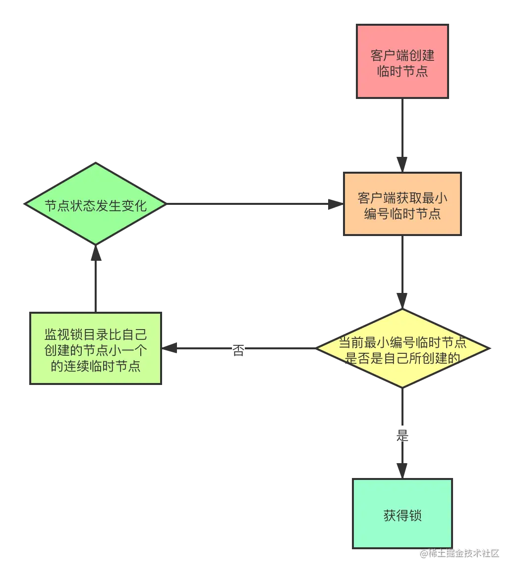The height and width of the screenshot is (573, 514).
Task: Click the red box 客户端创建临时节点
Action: [402, 62]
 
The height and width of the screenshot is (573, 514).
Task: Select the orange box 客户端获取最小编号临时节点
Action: [402, 204]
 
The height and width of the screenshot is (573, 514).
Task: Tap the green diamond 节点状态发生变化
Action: [95, 204]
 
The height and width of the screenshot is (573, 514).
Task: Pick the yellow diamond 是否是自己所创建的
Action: [402, 349]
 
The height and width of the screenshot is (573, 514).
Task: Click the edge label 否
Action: [238, 349]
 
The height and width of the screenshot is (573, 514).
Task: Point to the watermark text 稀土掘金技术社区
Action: [458, 553]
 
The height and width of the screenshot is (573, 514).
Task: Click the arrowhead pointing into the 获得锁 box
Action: [402, 469]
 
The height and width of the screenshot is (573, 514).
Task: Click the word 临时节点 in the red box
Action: [402, 71]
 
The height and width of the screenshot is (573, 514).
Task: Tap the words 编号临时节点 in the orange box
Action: [402, 214]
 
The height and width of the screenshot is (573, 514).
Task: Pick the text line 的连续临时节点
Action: [95, 366]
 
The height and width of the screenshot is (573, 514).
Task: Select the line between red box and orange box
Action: [402, 129]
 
